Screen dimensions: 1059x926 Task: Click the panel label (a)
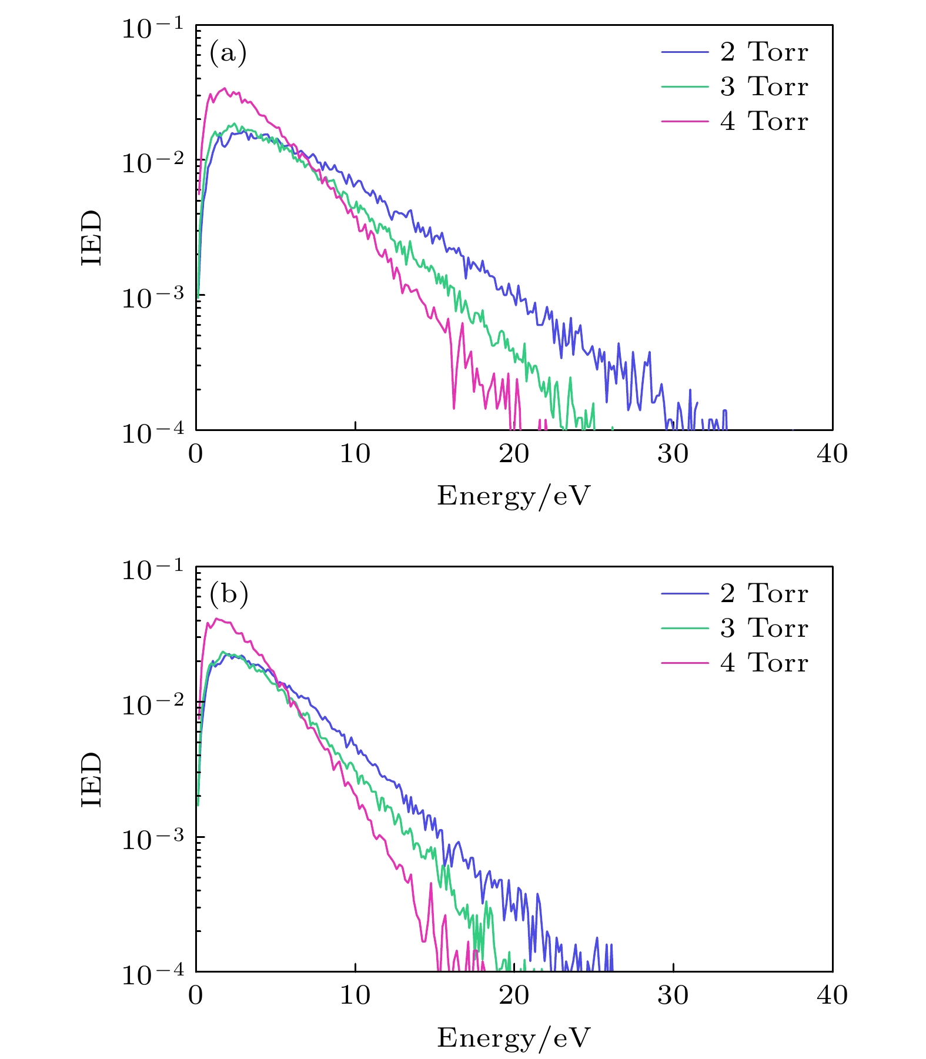pyautogui.click(x=228, y=54)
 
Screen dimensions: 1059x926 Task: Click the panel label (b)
pyautogui.click(x=229, y=594)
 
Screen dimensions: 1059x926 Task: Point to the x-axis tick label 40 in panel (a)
pyautogui.click(x=832, y=454)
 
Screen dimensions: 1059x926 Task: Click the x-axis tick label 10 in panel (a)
pyautogui.click(x=355, y=454)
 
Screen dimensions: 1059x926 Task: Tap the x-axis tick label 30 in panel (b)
pyautogui.click(x=673, y=995)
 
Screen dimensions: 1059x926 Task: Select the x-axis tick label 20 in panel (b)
pyautogui.click(x=514, y=995)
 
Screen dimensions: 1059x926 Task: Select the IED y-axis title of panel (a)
pyautogui.click(x=92, y=238)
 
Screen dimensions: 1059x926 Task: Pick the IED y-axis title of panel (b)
pyautogui.click(x=92, y=779)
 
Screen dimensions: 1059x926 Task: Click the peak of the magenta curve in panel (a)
pyautogui.click(x=224, y=88)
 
